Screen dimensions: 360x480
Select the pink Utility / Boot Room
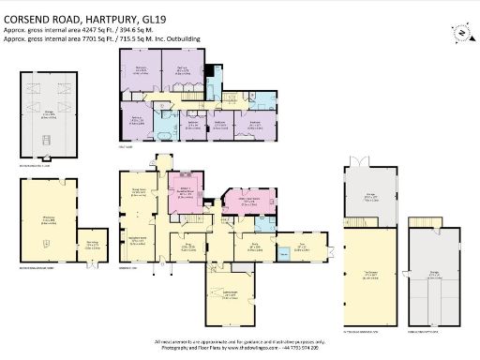point(250,202)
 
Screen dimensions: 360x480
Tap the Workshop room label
point(45,221)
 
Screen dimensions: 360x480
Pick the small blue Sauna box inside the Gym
point(282,253)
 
